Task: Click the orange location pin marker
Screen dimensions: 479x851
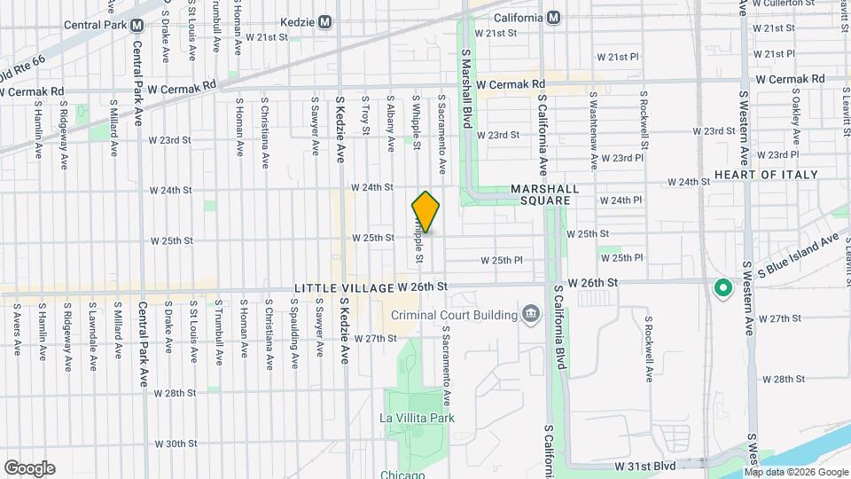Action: (426, 212)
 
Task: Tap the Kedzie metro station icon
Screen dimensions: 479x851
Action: (325, 21)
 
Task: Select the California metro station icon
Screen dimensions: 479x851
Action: (553, 18)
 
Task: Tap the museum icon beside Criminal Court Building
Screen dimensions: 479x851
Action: (531, 313)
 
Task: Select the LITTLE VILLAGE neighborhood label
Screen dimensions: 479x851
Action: (343, 288)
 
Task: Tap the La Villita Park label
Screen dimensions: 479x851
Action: (417, 418)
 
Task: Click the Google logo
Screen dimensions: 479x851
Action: (29, 467)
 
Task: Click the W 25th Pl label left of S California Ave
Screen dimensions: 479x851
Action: (501, 260)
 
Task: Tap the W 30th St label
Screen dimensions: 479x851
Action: (175, 444)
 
